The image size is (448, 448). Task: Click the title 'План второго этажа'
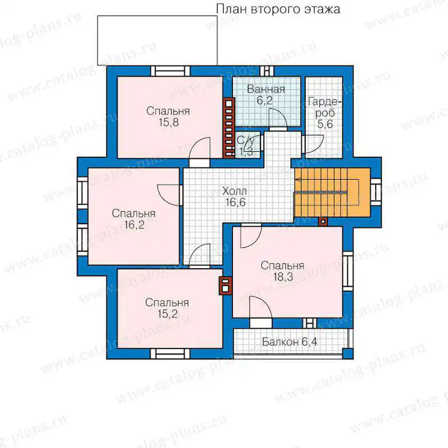(278, 9)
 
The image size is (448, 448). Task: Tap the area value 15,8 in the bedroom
(169, 123)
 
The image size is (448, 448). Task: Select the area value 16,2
(134, 225)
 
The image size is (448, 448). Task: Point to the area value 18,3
(283, 277)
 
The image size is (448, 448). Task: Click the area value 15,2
(167, 314)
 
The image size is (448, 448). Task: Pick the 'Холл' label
(234, 191)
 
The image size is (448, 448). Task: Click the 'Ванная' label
(265, 89)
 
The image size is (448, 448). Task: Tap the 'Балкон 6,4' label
(289, 342)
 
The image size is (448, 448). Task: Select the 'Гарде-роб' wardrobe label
(325, 108)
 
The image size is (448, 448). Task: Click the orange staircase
(332, 192)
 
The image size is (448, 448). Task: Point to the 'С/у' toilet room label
(246, 141)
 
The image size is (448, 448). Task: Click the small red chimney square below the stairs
(324, 221)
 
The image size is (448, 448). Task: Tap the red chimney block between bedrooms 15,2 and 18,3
(226, 286)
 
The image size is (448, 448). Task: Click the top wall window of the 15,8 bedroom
(170, 71)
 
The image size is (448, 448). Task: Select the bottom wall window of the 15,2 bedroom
(170, 354)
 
